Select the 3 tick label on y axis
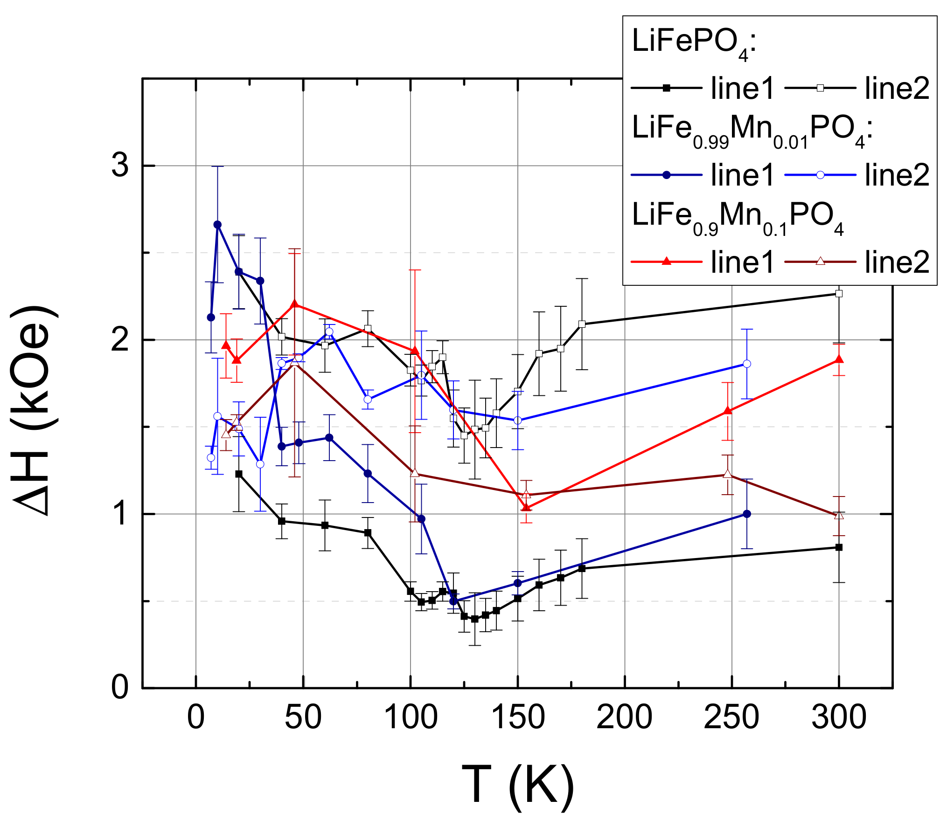coord(120,166)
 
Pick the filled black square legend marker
coord(667,88)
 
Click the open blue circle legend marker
coord(820,175)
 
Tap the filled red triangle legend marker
coord(667,262)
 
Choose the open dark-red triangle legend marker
coord(820,262)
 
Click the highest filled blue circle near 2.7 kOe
coord(217,225)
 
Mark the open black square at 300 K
coord(839,294)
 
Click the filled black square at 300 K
coord(839,547)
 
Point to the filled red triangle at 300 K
coord(839,359)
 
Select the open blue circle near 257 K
coord(747,364)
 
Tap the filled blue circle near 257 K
coord(747,514)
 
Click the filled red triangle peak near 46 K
coord(294,304)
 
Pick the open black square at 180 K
coord(582,324)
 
